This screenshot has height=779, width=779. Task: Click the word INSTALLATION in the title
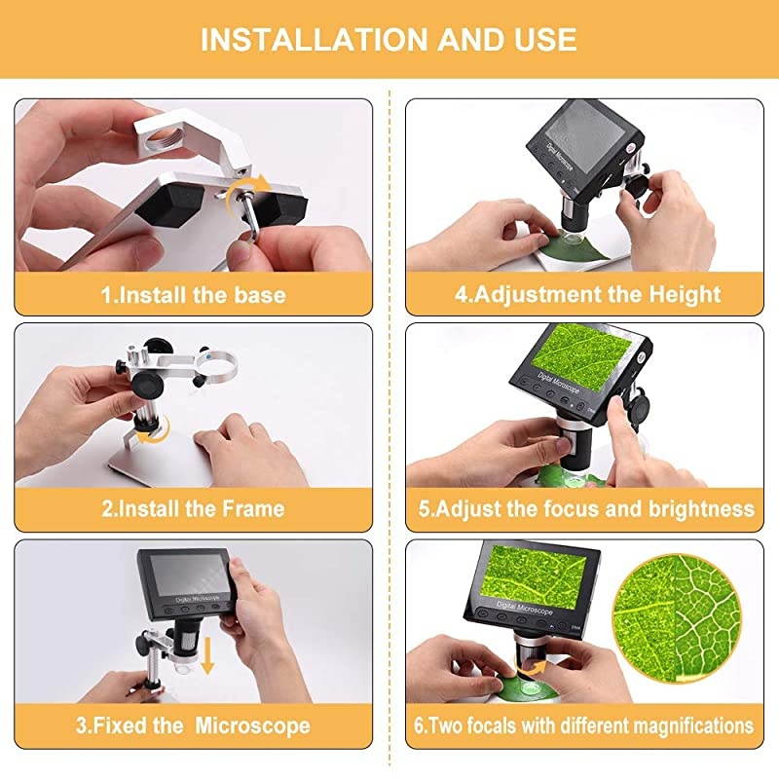(x=314, y=40)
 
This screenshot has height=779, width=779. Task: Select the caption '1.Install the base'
(x=193, y=295)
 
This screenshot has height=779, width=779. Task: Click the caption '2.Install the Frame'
(x=193, y=508)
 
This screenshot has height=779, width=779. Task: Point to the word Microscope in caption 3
(x=252, y=725)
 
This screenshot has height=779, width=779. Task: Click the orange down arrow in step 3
(x=207, y=655)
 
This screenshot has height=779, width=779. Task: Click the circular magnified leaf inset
(x=676, y=618)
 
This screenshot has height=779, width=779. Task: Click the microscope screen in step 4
(x=585, y=131)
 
